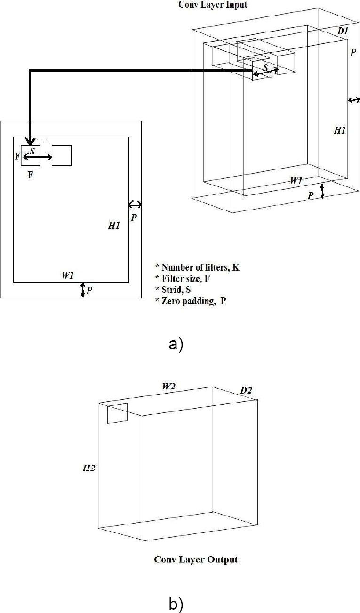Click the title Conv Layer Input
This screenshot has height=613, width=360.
pyautogui.click(x=213, y=5)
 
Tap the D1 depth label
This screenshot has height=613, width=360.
pyautogui.click(x=343, y=31)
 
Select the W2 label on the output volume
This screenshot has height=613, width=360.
pyautogui.click(x=168, y=387)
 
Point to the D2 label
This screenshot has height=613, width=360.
pyautogui.click(x=246, y=390)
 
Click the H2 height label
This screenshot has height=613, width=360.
pyautogui.click(x=89, y=468)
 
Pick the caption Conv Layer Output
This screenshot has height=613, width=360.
pyautogui.click(x=196, y=559)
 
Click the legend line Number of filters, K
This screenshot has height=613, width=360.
pyautogui.click(x=197, y=267)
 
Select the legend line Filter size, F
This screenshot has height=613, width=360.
pyautogui.click(x=183, y=279)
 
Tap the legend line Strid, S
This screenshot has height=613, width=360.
pyautogui.click(x=173, y=290)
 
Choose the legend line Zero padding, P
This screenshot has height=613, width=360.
pyautogui.click(x=191, y=301)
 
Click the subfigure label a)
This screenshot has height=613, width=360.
pyautogui.click(x=176, y=344)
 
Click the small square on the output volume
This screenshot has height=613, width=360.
pyautogui.click(x=117, y=413)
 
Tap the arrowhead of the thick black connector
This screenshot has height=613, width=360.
pyautogui.click(x=31, y=142)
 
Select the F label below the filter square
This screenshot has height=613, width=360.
pyautogui.click(x=30, y=175)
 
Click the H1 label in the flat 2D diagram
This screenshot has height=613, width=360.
pyautogui.click(x=114, y=226)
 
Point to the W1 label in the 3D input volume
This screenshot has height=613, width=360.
pyautogui.click(x=296, y=181)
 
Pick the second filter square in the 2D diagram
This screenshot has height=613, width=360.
pyautogui.click(x=62, y=156)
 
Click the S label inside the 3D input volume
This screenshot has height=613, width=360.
pyautogui.click(x=266, y=67)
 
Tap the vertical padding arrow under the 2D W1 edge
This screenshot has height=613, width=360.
pyautogui.click(x=83, y=290)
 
